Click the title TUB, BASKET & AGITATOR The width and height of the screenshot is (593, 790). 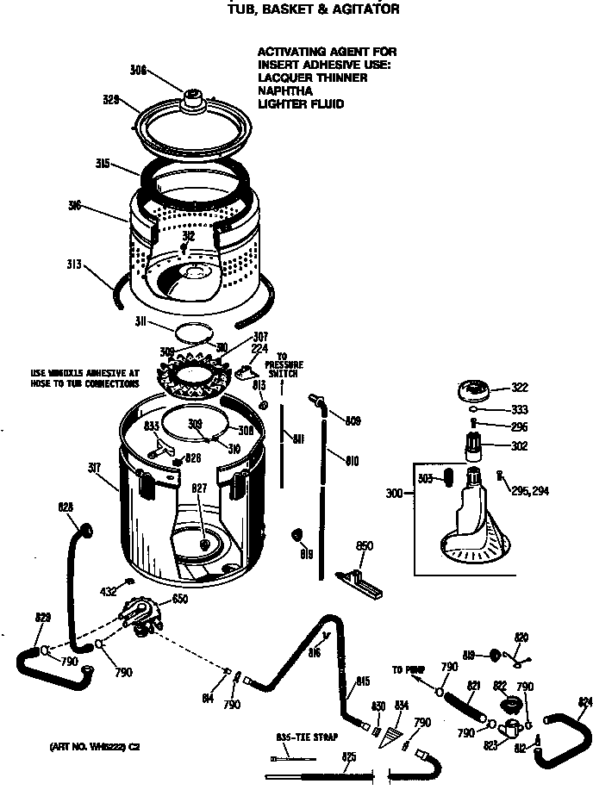(x=313, y=9)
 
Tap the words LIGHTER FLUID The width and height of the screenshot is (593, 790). (x=301, y=104)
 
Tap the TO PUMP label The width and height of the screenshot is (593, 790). (x=409, y=669)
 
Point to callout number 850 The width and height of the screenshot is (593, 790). (x=364, y=545)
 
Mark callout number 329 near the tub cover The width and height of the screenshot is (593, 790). (x=110, y=99)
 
